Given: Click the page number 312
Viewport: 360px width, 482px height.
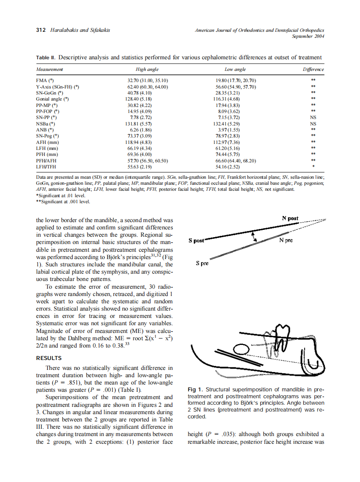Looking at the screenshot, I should pos(41,30).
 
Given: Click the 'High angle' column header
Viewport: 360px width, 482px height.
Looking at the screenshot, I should pos(147,69).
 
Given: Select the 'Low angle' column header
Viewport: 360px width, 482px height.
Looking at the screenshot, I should pos(235,69).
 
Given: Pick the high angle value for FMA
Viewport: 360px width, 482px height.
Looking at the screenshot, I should pos(147,80).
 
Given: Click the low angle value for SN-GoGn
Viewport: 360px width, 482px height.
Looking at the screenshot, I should pos(235,93).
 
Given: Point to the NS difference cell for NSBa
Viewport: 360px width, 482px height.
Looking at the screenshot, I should pos(313,123).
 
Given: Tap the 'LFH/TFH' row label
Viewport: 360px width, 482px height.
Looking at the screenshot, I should pos(46,166).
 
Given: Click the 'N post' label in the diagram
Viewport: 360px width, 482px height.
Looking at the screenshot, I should pos(290,218).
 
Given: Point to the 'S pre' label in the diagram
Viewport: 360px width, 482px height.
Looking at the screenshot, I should pos(202,263).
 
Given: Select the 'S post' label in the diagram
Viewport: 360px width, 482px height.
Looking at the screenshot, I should pos(197,241).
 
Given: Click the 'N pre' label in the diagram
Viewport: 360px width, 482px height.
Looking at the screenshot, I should pos(286,241).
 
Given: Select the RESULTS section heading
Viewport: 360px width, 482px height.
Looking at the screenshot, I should pos(49,358).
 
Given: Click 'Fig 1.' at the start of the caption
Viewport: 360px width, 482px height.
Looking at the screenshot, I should pos(195,390).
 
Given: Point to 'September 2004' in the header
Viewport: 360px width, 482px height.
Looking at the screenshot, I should pos(308,37).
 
